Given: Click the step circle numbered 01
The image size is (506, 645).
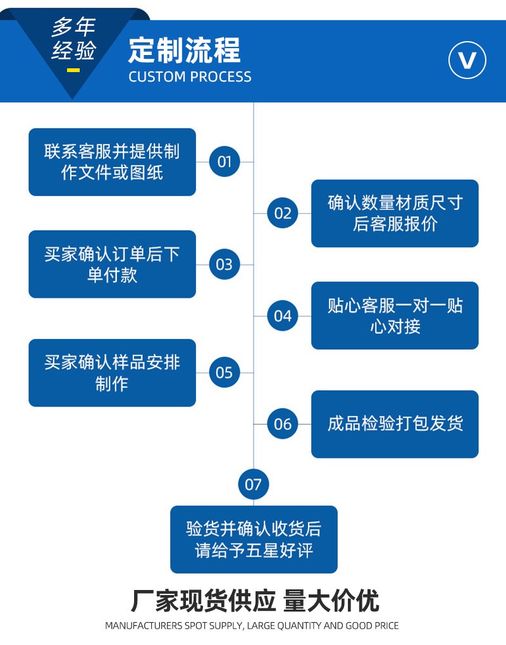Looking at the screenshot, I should click(x=225, y=162).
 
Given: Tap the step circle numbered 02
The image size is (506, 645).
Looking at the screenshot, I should click(x=283, y=213).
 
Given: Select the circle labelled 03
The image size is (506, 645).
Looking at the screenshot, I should click(x=225, y=264).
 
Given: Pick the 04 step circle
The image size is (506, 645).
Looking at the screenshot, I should click(x=283, y=316).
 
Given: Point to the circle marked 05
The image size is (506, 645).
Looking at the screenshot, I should click(x=225, y=372).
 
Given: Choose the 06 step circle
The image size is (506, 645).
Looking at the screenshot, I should click(x=283, y=424).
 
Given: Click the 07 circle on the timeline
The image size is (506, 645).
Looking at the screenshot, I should click(x=253, y=485).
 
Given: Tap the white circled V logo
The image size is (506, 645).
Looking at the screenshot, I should click(x=467, y=61).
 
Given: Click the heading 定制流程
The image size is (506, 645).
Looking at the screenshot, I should click(x=184, y=51).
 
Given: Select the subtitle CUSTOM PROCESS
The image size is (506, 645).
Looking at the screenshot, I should click(x=190, y=77).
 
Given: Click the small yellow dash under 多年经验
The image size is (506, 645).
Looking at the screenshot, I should click(x=73, y=70).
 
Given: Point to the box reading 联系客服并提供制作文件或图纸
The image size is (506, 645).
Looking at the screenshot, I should click(x=112, y=162).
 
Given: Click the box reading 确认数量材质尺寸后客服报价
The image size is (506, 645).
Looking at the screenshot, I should click(x=395, y=213).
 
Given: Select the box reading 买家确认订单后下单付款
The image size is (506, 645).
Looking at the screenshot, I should click(x=112, y=264).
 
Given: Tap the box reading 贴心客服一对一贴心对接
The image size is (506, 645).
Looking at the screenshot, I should click(x=395, y=316).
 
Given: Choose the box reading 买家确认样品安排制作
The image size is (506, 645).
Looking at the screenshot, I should click(x=112, y=372).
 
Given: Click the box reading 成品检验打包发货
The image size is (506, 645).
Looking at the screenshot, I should click(x=395, y=424).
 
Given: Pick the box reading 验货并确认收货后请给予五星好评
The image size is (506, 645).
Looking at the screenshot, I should click(x=254, y=539).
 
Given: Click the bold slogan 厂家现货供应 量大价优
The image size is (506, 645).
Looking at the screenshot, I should click(x=254, y=600).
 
